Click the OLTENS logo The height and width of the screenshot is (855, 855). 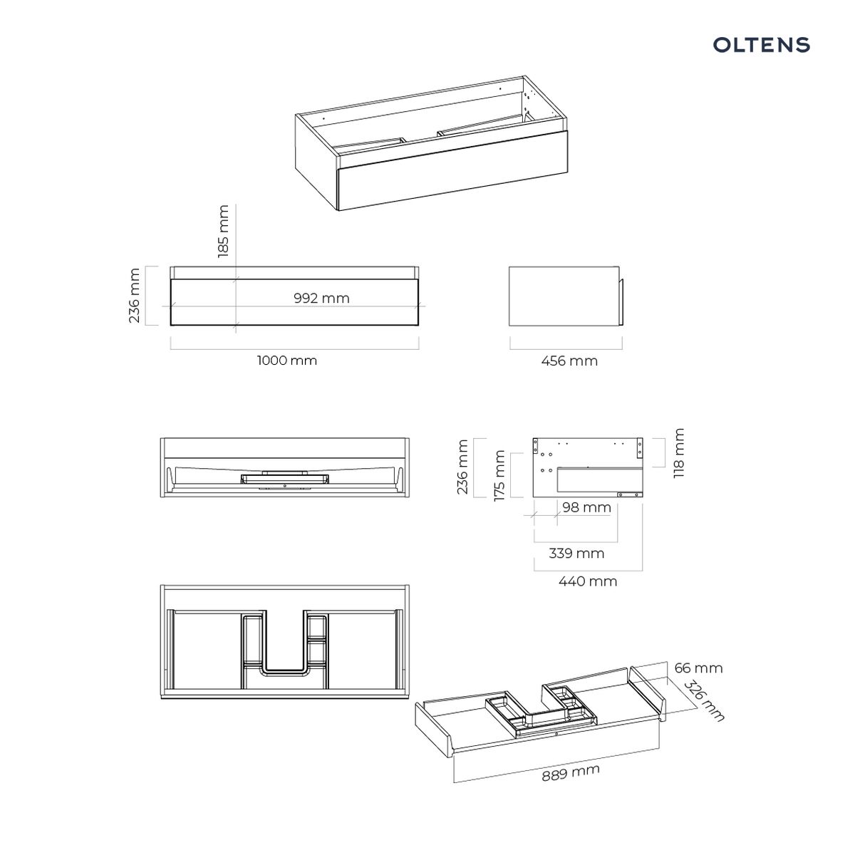(761, 45)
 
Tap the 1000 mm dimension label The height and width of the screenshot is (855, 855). (287, 361)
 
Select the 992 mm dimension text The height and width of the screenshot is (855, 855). (321, 298)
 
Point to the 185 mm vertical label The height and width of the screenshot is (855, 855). (223, 231)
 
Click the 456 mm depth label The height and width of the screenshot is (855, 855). (569, 361)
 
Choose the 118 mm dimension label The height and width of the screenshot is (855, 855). (679, 452)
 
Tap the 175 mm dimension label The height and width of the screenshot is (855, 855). (499, 476)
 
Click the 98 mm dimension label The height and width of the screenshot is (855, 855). (586, 507)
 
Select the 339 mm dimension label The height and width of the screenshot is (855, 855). (576, 554)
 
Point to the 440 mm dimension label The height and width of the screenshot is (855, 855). (588, 581)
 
